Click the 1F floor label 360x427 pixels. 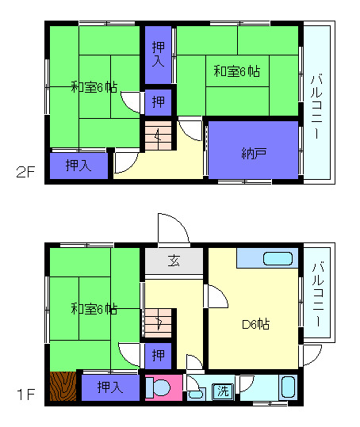[x=24, y=391]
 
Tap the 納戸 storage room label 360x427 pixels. [x=254, y=154]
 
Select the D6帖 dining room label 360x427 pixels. [x=255, y=323]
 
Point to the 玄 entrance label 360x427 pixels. [x=174, y=261]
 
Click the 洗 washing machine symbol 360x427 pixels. [x=224, y=390]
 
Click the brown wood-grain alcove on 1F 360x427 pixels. [x=63, y=387]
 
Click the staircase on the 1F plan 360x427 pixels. [x=158, y=323]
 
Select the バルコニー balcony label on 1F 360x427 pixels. [x=316, y=299]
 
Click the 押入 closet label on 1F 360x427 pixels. [x=109, y=387]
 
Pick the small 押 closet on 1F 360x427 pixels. [x=158, y=353]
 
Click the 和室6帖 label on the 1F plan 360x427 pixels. [x=93, y=308]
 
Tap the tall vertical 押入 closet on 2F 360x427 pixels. [x=158, y=55]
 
